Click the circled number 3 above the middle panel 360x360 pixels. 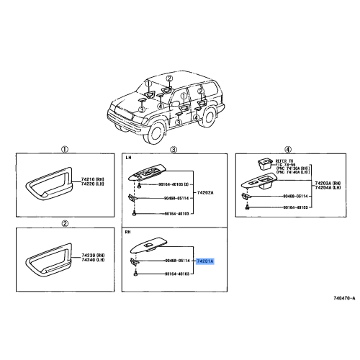coord(174,149)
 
